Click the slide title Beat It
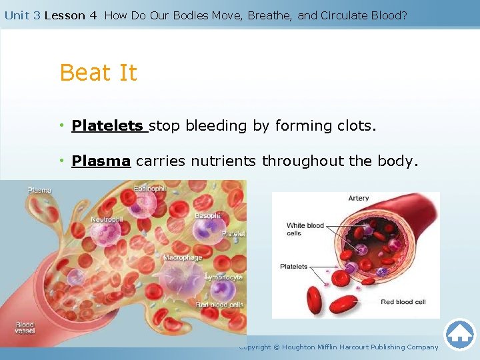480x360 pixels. pos(98,73)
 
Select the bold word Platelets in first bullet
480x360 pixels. pos(107,126)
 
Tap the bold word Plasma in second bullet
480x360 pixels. pos(101,161)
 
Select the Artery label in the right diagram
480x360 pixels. pos(359,199)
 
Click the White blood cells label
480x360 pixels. pos(305,229)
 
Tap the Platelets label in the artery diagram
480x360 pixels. pos(294,267)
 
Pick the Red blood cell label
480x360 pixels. pos(403,302)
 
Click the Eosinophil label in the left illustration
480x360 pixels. pos(151,189)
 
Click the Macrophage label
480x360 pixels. pos(183,257)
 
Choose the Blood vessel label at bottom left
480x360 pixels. pos(25,328)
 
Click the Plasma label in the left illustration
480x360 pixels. pos(39,191)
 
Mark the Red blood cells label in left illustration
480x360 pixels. pos(219,305)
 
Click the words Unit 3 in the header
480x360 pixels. pos(22,15)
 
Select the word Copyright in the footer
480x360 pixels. pos(255,347)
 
